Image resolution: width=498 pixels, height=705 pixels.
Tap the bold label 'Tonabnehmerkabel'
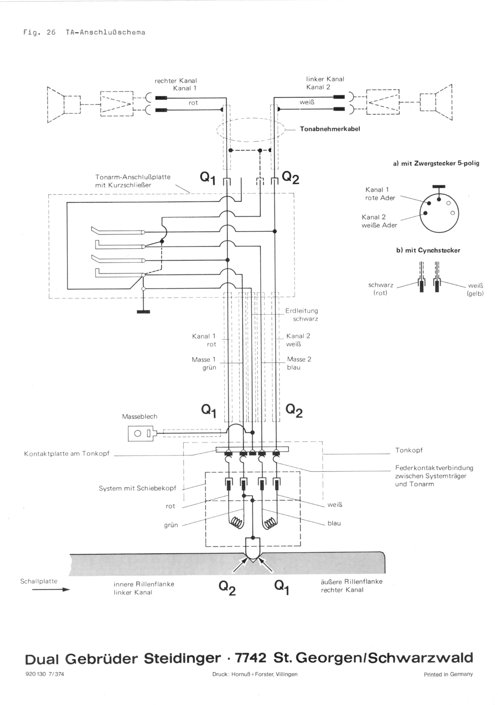330,129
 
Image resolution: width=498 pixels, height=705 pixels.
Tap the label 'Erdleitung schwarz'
301,315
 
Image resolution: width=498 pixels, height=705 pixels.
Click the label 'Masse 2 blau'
299,363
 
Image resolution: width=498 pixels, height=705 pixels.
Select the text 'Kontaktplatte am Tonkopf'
67,454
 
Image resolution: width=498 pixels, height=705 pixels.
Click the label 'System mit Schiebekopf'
137,488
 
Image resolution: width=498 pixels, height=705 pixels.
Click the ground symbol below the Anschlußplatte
143,312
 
